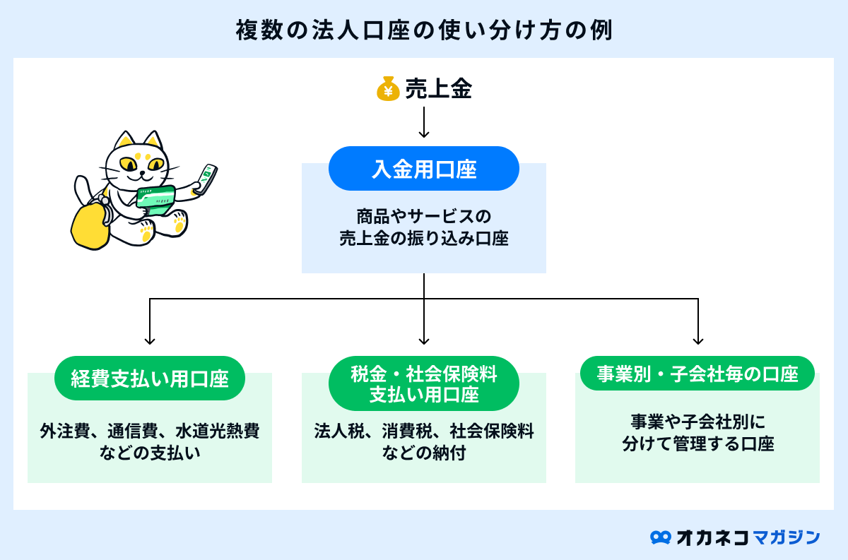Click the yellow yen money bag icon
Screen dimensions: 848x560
(x=388, y=89)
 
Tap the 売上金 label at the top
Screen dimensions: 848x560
(x=438, y=89)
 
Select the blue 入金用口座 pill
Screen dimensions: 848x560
(x=423, y=168)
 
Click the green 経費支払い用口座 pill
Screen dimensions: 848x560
(x=150, y=378)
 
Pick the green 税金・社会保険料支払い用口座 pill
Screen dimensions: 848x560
(x=423, y=383)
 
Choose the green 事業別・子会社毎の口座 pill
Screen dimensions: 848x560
(x=697, y=374)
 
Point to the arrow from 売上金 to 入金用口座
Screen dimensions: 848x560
(x=423, y=122)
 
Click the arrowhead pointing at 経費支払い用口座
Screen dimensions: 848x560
(x=150, y=340)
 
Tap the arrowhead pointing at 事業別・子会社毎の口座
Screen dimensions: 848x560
(x=698, y=340)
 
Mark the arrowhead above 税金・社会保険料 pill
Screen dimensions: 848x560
(x=423, y=340)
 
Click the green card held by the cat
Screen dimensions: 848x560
(x=155, y=200)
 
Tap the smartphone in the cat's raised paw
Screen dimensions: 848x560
(x=206, y=179)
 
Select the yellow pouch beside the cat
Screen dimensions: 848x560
(x=90, y=226)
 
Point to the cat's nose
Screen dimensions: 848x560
(x=142, y=172)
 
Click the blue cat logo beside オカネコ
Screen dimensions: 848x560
(x=661, y=537)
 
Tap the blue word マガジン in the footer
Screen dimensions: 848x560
(x=787, y=537)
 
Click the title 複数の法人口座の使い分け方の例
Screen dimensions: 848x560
(x=424, y=30)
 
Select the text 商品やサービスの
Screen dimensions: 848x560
(x=423, y=216)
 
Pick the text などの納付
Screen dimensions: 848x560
(x=423, y=453)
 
